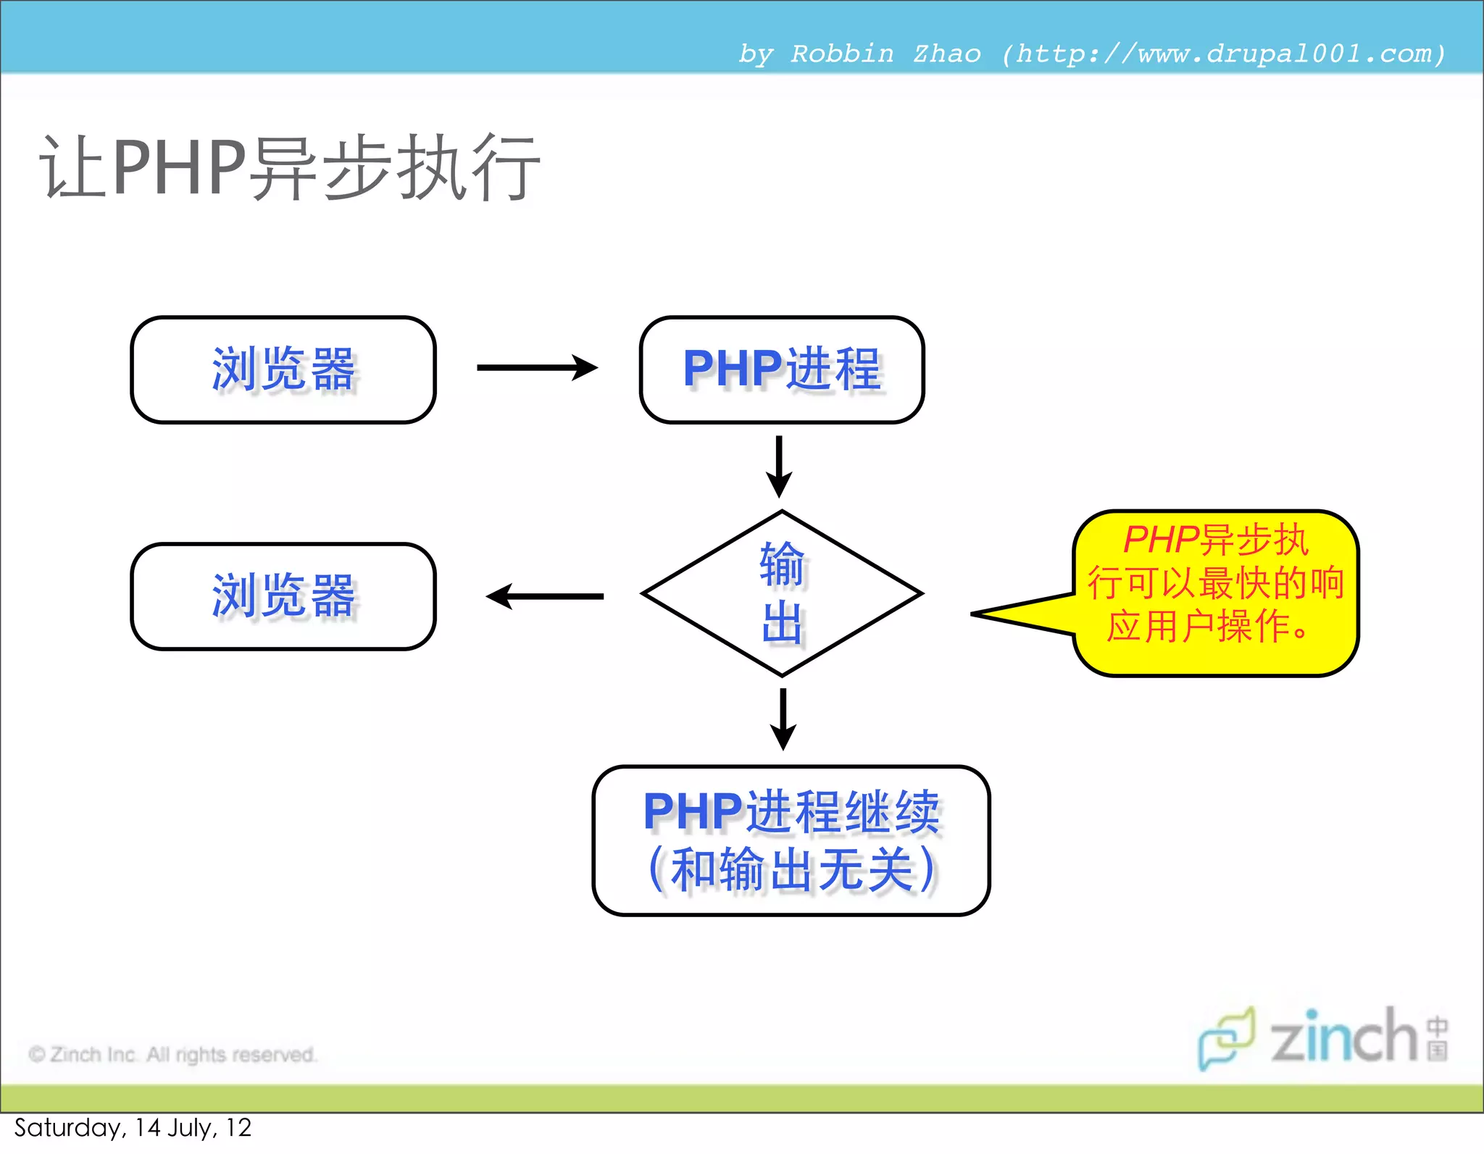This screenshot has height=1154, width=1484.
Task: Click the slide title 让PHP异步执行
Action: [x=290, y=168]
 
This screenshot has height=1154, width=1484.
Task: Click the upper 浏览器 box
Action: [x=283, y=369]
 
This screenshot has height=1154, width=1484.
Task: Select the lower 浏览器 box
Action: [x=283, y=596]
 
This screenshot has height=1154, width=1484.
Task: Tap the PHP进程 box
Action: [x=782, y=369]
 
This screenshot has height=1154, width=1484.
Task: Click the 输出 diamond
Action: [x=782, y=593]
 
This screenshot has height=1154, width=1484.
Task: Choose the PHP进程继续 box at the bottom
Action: [x=791, y=840]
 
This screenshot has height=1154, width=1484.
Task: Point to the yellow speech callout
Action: [x=1215, y=593]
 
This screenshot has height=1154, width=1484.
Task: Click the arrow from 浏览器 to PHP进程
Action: [x=537, y=367]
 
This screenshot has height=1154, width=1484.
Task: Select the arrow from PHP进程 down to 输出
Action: [x=779, y=466]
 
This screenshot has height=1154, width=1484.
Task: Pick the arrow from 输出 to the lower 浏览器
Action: [x=545, y=596]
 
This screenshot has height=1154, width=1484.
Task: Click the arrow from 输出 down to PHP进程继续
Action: [x=783, y=719]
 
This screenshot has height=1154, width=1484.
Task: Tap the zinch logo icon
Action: [x=1226, y=1037]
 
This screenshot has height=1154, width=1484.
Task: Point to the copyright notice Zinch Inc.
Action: [x=172, y=1054]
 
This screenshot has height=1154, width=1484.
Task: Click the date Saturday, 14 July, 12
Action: [x=133, y=1127]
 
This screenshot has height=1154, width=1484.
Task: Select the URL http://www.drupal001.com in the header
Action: [x=1225, y=54]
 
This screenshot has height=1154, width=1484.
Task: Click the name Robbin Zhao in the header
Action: [x=885, y=54]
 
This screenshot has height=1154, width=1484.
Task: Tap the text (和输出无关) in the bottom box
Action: [x=791, y=869]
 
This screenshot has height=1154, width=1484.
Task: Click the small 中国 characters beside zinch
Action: [x=1438, y=1039]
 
